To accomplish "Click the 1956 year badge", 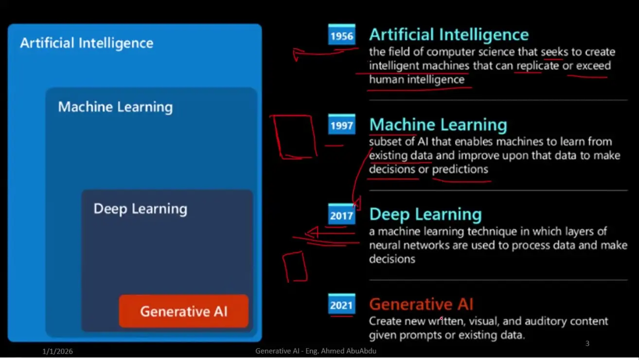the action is [342, 35].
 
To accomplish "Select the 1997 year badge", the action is [342, 125].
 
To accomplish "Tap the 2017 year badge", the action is [342, 215].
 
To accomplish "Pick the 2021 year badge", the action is [342, 304].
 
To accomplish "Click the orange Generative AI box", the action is [184, 311].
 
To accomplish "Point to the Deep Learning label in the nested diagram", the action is [141, 209].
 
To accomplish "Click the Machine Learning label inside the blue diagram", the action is [115, 107].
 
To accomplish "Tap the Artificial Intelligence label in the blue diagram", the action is [87, 43].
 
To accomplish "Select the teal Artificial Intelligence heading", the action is [449, 35].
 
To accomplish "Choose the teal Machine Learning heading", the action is [438, 125].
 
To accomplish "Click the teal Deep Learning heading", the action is [426, 215].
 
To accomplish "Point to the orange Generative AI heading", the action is [421, 304].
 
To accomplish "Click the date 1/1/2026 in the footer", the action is [57, 351].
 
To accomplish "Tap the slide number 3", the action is [587, 343].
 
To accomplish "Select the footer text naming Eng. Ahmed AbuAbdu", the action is [316, 351].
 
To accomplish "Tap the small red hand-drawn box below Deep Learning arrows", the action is [295, 267].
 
